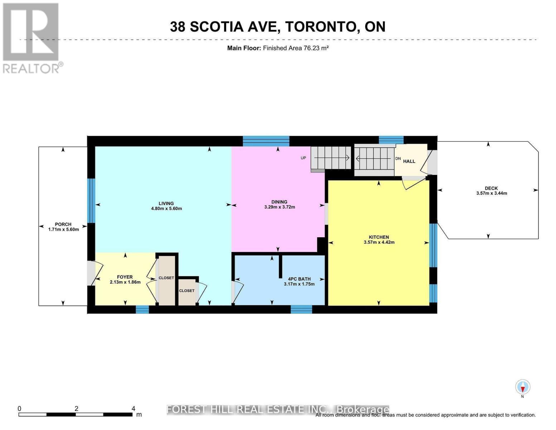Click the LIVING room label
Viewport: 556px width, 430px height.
166,203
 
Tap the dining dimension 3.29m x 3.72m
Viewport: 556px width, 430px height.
279,207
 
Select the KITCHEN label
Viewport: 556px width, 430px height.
379,237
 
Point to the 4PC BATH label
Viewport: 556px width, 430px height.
299,279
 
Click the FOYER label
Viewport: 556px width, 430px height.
125,277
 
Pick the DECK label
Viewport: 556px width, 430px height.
491,188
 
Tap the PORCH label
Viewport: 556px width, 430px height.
63,224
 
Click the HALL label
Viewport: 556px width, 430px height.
409,161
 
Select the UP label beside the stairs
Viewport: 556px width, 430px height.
303,158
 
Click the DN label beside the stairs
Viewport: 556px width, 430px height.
398,158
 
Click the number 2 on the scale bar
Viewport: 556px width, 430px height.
76,408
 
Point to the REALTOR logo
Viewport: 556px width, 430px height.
31,38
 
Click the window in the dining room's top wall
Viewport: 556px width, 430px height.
266,141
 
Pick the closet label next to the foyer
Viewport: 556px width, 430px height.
166,278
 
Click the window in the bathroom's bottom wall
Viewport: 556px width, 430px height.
301,309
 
